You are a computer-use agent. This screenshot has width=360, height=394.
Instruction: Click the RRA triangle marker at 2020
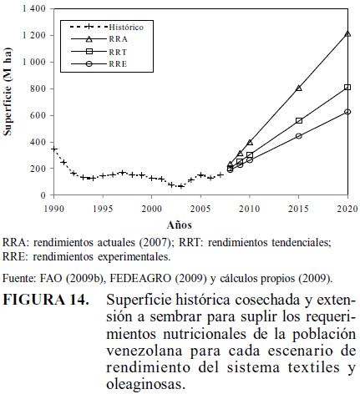[347, 34]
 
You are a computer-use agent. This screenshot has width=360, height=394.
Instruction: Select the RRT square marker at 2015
[299, 120]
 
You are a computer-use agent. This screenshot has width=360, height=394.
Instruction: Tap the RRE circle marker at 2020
[347, 112]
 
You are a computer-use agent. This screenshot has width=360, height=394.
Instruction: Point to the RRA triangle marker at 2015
[299, 88]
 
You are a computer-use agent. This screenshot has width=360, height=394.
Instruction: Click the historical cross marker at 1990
[54, 149]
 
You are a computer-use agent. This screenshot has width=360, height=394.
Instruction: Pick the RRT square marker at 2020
[347, 87]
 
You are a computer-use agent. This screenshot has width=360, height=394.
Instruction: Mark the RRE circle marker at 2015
[299, 136]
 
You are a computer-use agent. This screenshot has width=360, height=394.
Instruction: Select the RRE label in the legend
[118, 64]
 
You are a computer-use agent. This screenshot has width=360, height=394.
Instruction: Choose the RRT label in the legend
[118, 52]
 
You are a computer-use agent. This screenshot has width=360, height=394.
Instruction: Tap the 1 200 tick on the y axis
[34, 35]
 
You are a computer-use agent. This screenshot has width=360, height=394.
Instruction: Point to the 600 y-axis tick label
[38, 115]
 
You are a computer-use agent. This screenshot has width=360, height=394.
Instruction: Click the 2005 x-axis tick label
[200, 209]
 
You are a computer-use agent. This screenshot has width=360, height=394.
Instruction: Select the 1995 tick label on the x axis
[103, 209]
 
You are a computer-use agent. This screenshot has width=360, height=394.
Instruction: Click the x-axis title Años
[180, 225]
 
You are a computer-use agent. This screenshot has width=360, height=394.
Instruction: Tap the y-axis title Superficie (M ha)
[8, 92]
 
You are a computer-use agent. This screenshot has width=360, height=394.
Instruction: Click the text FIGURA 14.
[46, 300]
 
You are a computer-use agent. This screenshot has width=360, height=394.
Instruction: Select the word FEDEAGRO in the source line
[140, 278]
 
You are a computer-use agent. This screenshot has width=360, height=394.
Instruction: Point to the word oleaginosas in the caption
[146, 384]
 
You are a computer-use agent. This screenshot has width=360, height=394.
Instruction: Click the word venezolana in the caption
[145, 351]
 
